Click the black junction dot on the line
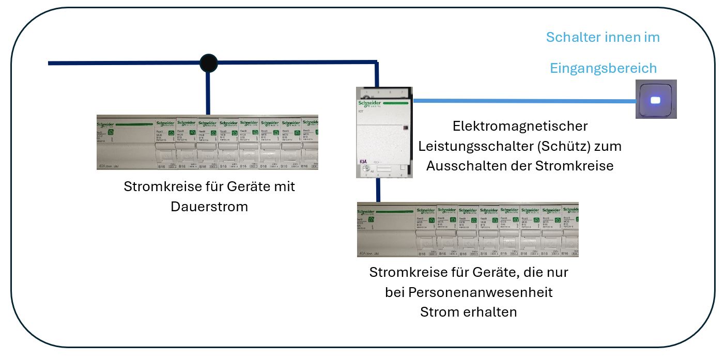point(208,63)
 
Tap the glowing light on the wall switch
point(656,100)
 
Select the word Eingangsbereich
point(603,68)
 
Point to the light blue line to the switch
point(522,101)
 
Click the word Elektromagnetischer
point(520,126)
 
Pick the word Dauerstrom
point(209,207)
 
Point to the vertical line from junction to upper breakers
point(208,93)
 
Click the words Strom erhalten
point(468,312)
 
